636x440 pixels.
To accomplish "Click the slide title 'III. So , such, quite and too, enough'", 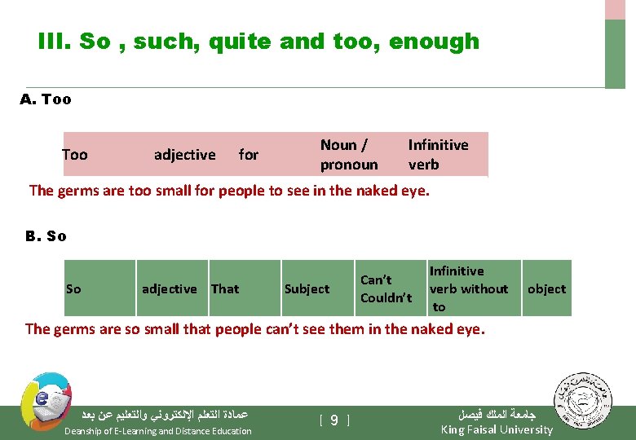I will [258, 42].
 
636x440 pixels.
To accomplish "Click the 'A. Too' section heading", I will [46, 99].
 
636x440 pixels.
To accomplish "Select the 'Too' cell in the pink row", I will [75, 155].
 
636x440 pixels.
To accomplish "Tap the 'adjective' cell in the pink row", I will [185, 155].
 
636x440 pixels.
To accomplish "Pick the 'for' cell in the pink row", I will [249, 155].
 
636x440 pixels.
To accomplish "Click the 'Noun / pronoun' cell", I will [349, 155].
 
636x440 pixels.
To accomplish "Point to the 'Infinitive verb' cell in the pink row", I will [438, 155].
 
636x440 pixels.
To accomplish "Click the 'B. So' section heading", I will [46, 236].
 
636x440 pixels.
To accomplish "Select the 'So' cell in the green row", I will [74, 288].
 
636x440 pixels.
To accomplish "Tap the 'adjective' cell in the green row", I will [170, 288].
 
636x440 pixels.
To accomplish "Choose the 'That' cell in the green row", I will [225, 288].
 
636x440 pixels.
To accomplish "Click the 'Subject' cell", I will [307, 288].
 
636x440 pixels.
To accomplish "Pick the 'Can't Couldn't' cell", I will [386, 288].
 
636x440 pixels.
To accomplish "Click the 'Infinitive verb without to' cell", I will [468, 288].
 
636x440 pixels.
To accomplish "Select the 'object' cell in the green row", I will [546, 288].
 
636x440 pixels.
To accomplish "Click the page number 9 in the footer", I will [334, 420].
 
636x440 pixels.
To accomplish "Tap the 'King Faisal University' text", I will [497, 429].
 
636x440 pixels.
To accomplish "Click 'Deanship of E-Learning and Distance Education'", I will [158, 431].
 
